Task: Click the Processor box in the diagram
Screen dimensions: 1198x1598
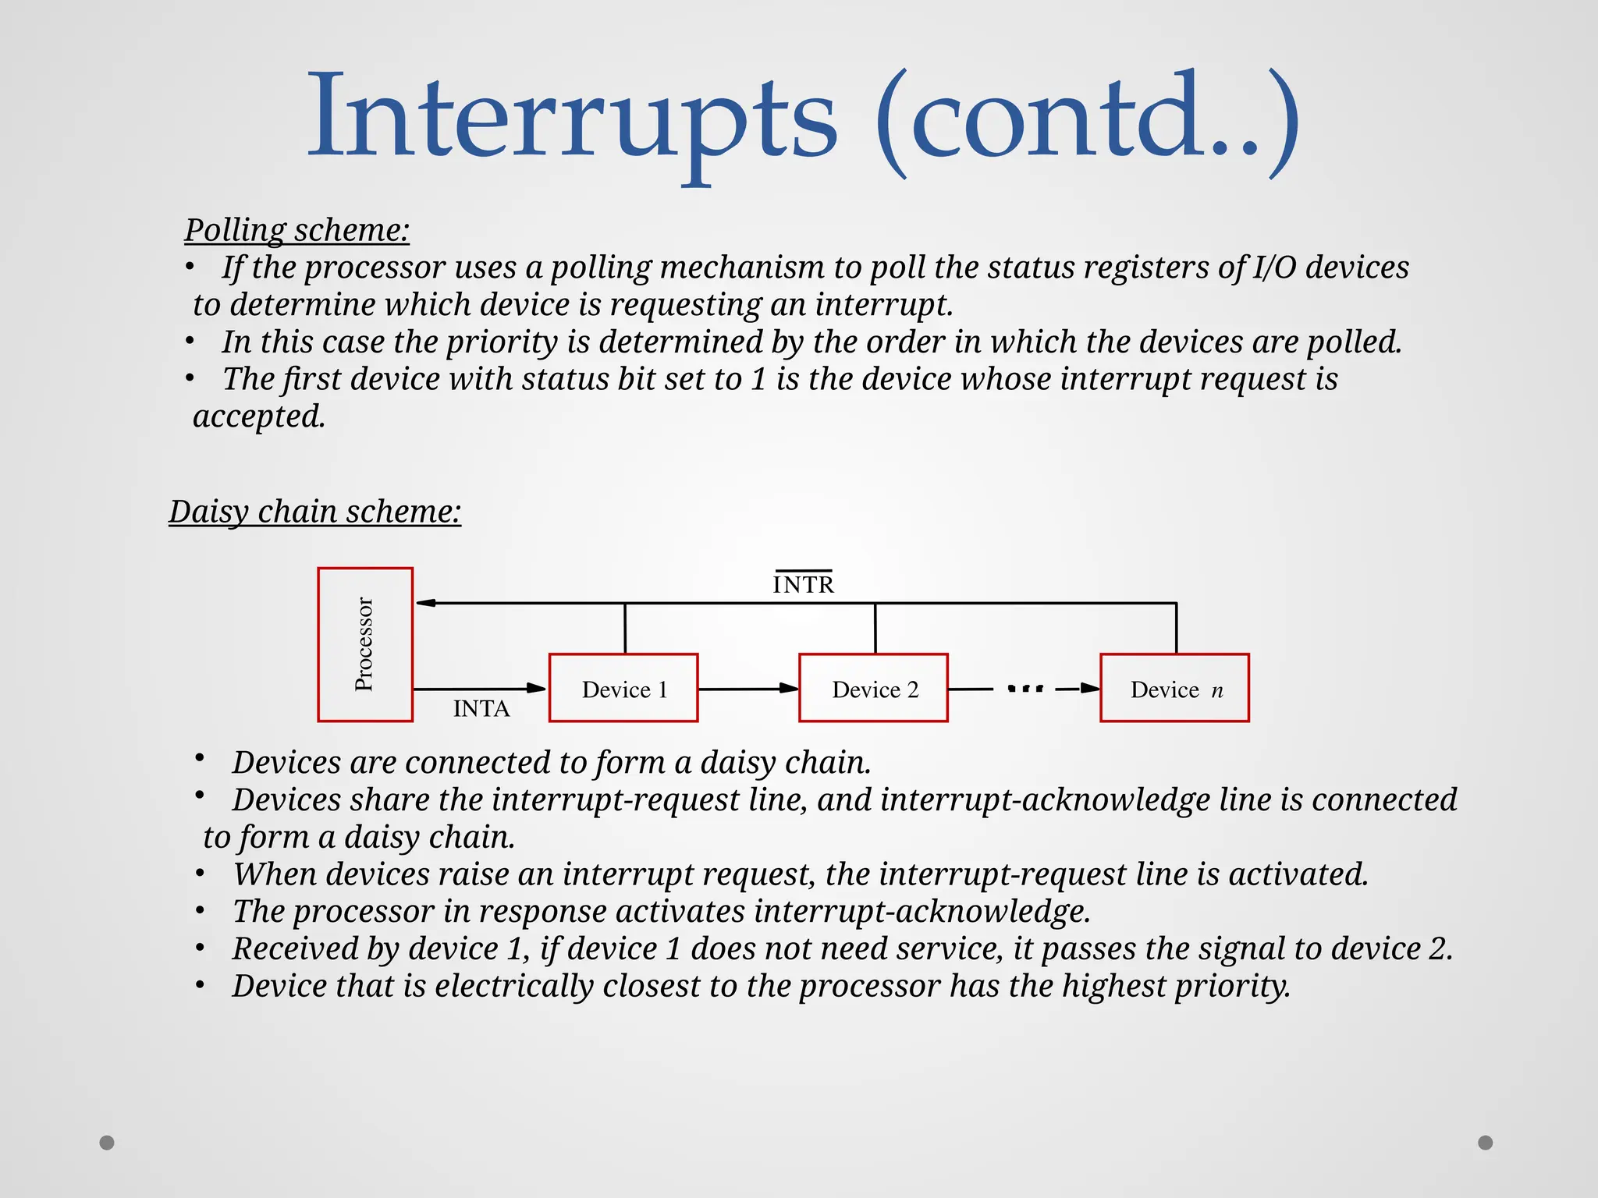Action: pyautogui.click(x=365, y=644)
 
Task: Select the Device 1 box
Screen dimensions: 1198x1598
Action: pyautogui.click(x=623, y=688)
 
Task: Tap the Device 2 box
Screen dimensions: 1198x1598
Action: pyautogui.click(x=873, y=688)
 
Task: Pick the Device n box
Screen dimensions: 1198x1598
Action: pyautogui.click(x=1174, y=688)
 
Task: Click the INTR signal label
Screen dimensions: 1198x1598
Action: pyautogui.click(x=803, y=584)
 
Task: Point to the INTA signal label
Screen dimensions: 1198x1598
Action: pyautogui.click(x=481, y=709)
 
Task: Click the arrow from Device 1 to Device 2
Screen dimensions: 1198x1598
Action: pyautogui.click(x=748, y=689)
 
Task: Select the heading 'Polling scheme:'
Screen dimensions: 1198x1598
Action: pyautogui.click(x=297, y=230)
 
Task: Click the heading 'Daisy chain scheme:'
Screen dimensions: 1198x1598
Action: pyautogui.click(x=314, y=512)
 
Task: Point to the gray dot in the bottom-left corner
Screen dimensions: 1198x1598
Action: pyautogui.click(x=107, y=1143)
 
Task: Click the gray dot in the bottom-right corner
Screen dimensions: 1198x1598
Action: pyautogui.click(x=1486, y=1143)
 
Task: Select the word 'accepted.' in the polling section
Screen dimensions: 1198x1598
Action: pyautogui.click(x=259, y=416)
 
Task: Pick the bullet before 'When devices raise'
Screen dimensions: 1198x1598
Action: pyautogui.click(x=201, y=874)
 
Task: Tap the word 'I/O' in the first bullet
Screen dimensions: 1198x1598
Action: pyautogui.click(x=1274, y=268)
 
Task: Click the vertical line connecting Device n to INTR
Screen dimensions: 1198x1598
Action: pyautogui.click(x=1176, y=628)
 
